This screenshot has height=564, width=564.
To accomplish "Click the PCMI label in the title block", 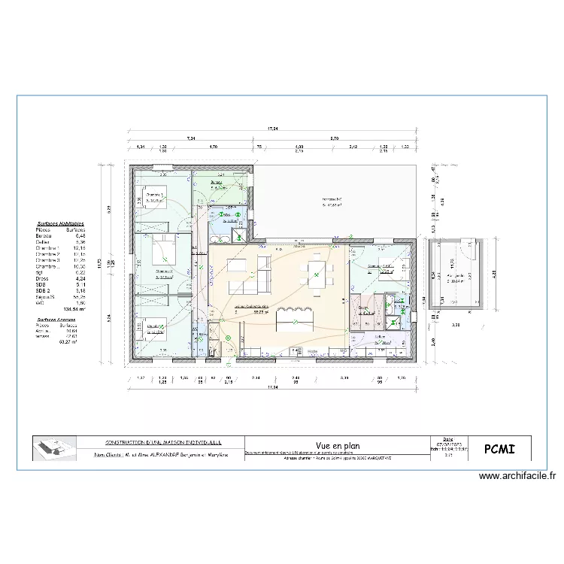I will point(500,449).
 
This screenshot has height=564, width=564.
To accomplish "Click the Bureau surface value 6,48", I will point(80,236).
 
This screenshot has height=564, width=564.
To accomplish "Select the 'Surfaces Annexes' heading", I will point(59,319).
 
